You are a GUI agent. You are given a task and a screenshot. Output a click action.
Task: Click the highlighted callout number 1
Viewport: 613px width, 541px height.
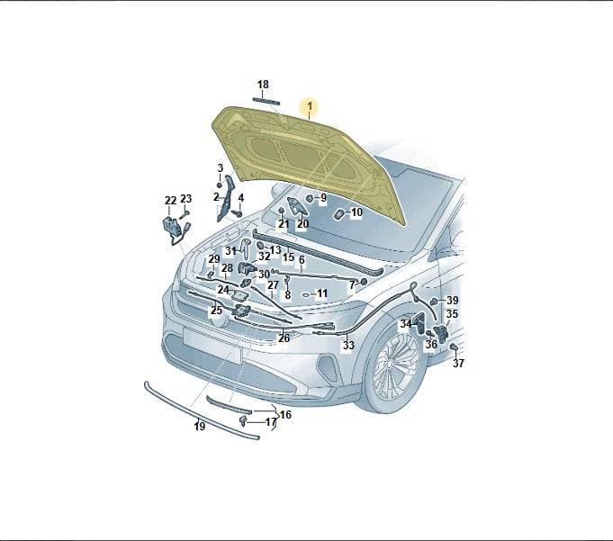[x=310, y=106]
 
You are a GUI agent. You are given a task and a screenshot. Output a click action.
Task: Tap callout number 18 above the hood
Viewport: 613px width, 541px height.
[x=263, y=85]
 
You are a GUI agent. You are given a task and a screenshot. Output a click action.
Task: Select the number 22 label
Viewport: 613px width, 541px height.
[x=171, y=201]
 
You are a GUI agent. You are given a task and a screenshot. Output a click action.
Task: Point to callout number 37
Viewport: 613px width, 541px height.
[x=458, y=363]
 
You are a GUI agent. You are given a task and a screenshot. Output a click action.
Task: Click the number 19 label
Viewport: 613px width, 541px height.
[x=199, y=426]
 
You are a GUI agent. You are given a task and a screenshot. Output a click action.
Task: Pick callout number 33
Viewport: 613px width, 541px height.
[x=348, y=345]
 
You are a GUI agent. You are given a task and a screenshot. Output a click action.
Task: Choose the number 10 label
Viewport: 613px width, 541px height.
[x=356, y=212]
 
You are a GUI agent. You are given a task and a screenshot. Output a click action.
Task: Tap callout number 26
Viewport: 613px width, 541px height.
[x=284, y=338]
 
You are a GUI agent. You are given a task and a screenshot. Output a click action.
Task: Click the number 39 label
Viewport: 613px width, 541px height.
[x=452, y=301]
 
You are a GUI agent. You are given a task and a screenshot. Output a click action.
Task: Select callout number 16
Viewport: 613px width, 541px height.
[x=285, y=414]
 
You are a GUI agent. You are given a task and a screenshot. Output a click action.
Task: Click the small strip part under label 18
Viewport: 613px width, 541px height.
[x=266, y=101]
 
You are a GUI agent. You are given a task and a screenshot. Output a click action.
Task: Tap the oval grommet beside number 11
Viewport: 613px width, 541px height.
[x=306, y=294]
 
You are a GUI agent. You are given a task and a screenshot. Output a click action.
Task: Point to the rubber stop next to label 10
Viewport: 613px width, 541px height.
[x=338, y=214]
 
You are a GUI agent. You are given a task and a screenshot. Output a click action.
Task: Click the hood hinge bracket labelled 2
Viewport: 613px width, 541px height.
[x=225, y=199]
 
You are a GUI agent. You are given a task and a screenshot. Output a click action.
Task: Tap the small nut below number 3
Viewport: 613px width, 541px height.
[x=220, y=185]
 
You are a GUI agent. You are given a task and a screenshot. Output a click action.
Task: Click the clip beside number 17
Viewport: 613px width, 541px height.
[x=243, y=421]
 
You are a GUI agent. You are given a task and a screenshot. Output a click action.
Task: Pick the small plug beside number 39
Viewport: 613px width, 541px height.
[x=434, y=302]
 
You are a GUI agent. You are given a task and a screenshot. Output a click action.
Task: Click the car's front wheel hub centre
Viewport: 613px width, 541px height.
[x=390, y=363]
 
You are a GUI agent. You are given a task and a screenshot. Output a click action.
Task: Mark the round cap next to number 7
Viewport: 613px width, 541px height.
[x=364, y=282]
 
